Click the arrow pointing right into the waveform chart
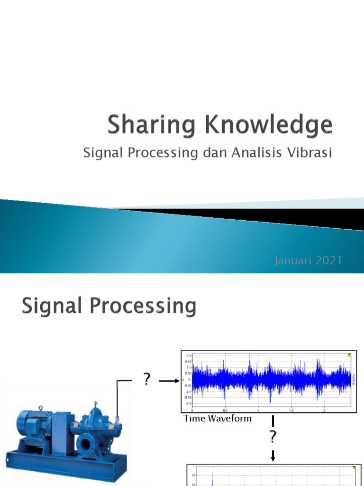169,380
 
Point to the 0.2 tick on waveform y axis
189,355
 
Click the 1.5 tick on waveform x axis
291,410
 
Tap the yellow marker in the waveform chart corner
349,354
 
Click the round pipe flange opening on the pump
86,445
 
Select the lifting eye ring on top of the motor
41,408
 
